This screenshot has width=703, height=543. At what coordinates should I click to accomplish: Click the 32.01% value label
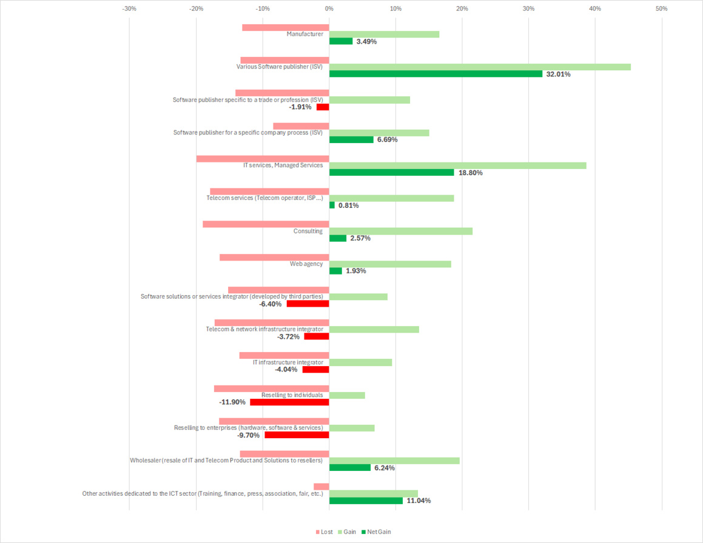click(558, 75)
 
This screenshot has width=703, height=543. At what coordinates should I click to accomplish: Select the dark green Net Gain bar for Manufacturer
click(341, 41)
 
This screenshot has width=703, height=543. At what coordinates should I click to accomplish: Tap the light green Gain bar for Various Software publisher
click(480, 67)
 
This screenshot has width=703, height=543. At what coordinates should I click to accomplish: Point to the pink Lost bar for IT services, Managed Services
click(263, 159)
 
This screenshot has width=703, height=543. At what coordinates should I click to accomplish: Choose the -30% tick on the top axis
click(129, 8)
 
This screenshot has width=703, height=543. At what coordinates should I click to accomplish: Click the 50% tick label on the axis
click(661, 8)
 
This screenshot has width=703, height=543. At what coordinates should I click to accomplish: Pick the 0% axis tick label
click(329, 8)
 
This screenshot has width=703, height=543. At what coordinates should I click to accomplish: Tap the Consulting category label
click(308, 231)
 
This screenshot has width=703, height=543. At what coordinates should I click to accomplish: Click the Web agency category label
click(306, 264)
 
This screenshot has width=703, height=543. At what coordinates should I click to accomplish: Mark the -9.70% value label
click(248, 435)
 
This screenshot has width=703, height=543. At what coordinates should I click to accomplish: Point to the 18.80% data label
click(471, 173)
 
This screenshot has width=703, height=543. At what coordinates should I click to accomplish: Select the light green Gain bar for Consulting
click(400, 231)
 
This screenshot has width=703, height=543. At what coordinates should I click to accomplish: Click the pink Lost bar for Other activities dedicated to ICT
click(321, 487)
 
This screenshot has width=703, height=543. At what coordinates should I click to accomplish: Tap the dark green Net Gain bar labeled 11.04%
click(366, 501)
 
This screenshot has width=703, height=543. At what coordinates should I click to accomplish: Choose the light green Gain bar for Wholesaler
click(394, 461)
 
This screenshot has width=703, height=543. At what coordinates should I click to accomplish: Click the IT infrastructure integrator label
click(288, 362)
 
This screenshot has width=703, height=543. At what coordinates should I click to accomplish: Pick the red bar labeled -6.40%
click(308, 304)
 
